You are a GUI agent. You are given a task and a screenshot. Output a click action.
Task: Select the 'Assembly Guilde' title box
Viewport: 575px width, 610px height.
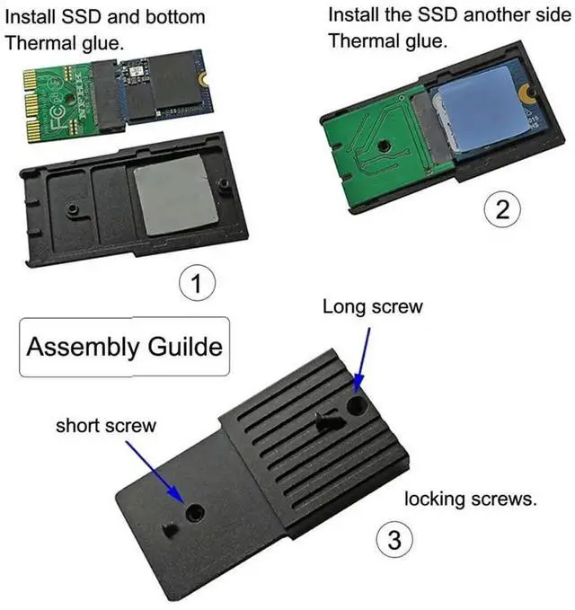(124, 347)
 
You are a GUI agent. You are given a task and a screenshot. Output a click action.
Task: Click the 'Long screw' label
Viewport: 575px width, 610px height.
(372, 307)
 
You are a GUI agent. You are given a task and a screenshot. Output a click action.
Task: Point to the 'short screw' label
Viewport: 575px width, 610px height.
(105, 425)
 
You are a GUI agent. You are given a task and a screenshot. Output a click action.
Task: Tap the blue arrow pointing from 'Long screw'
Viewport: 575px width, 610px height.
(362, 357)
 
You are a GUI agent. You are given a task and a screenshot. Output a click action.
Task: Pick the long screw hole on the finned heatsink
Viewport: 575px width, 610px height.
(357, 404)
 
